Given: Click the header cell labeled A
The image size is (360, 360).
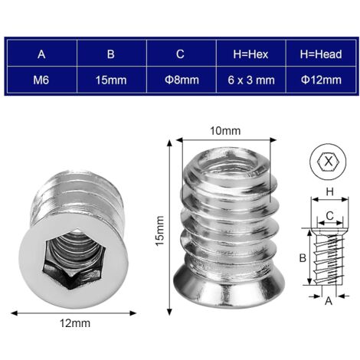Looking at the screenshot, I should pos(41,54).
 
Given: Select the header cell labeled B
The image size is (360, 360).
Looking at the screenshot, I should pos(110,54).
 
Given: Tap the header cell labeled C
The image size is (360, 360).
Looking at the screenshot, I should pos(180,54).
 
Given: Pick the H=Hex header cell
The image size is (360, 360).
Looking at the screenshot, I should pos(250,54).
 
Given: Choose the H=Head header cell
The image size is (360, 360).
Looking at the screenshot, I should pos(319,54).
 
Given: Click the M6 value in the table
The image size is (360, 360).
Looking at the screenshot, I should pos(41,80).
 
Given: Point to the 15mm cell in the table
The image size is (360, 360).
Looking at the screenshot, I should pos(110,80).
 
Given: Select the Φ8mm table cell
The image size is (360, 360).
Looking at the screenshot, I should pos(180,80).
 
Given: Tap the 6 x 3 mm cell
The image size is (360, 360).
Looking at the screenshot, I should pos(250,80).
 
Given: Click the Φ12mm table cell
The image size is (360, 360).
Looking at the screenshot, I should pos(319,80).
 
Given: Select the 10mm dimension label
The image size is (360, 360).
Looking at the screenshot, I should pos(224,131).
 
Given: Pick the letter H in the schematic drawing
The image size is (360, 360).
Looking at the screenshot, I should pos(328,191).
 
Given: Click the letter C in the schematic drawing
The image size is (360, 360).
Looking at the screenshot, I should pos(328,217).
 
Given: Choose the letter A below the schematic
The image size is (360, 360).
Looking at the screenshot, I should pos(329,302).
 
